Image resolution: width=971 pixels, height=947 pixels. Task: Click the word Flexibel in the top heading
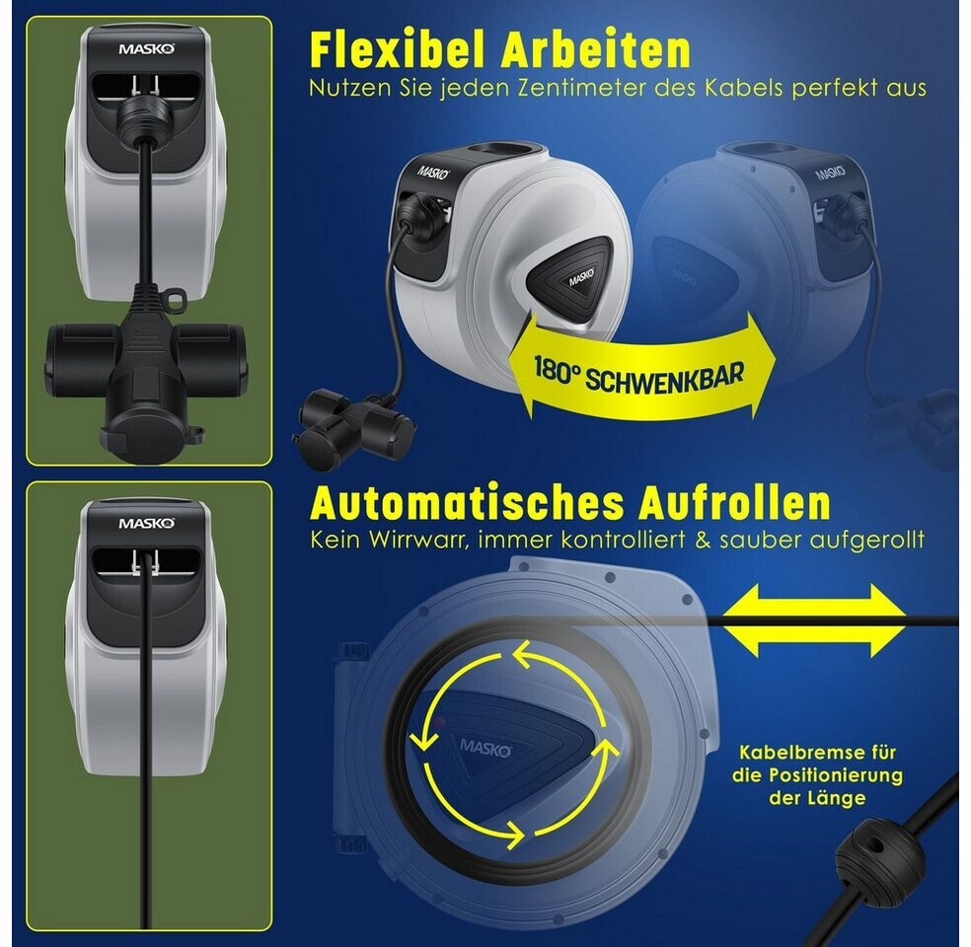396,49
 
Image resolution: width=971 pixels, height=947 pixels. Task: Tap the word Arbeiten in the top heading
596,49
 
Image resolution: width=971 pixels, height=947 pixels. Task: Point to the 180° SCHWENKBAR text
638,375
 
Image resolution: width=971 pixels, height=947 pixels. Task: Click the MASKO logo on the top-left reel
147,49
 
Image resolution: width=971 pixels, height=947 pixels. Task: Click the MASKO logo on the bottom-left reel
147,524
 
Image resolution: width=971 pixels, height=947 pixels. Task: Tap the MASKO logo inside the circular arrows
485,748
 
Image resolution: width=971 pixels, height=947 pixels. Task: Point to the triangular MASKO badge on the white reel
569,279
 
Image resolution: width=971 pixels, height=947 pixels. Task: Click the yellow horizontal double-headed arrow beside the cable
815,620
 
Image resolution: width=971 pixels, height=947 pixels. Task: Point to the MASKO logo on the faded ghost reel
831,172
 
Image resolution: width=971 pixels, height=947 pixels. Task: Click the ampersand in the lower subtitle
703,540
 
